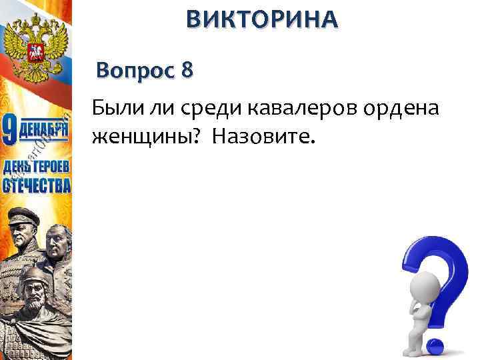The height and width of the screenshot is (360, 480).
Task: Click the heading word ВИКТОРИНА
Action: (x=262, y=19)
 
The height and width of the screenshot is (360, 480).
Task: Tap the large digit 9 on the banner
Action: (x=11, y=130)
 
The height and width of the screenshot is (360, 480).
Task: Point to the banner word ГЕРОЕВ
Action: (x=51, y=166)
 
